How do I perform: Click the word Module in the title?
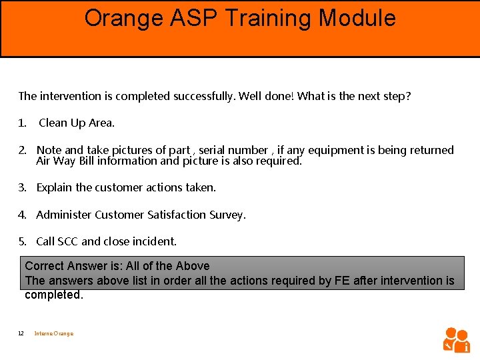tap(357, 18)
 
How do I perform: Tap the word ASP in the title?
tap(195, 18)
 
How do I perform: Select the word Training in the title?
tap(269, 18)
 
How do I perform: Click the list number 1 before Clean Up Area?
tap(22, 123)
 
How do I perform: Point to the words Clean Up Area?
tap(77, 123)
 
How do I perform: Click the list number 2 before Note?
tap(22, 150)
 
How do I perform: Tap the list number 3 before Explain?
tap(22, 187)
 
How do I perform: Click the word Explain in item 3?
tap(54, 187)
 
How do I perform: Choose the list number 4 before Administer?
tap(22, 215)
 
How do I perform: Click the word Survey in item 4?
tap(228, 215)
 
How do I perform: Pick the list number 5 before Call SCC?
tap(22, 241)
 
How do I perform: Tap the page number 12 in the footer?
tap(21, 333)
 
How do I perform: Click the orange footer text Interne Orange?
tap(54, 333)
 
